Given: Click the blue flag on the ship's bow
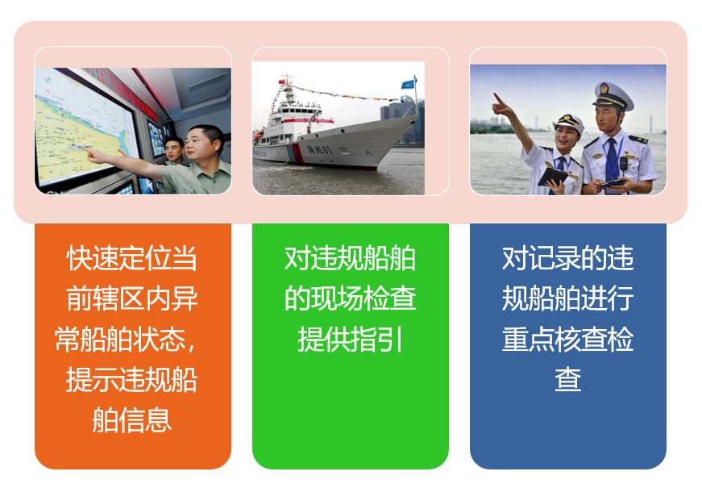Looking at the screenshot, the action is click(407, 84).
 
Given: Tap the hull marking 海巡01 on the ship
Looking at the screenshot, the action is click(319, 148).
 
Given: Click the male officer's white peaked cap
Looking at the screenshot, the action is click(613, 95).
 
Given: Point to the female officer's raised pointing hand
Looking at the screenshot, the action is click(501, 105).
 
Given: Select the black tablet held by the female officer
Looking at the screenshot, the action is click(553, 176).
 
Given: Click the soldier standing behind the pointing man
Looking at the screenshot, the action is click(174, 152).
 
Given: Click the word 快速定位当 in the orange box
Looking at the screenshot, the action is click(131, 258).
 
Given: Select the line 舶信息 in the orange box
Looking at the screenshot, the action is click(131, 420).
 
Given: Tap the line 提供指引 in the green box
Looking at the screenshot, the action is click(350, 340).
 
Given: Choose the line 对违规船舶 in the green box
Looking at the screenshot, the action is click(350, 258).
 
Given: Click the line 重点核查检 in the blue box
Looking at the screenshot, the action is click(567, 340).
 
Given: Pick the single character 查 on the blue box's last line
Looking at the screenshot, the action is click(567, 379).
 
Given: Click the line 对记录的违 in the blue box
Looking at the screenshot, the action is click(567, 258).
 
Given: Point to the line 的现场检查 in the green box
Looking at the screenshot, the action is click(350, 298).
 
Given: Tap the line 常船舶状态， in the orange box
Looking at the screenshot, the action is click(126, 340).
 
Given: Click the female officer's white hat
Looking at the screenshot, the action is click(568, 123).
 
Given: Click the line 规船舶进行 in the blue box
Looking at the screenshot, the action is click(567, 298).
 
